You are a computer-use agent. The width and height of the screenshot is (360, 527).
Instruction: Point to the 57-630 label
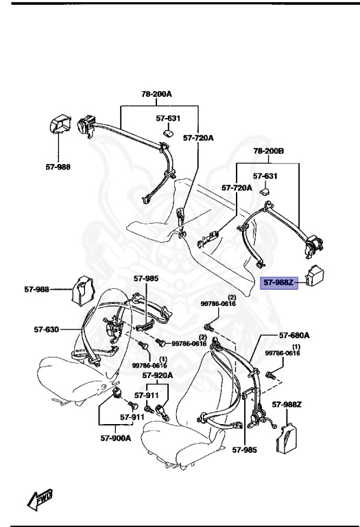coord(48,329)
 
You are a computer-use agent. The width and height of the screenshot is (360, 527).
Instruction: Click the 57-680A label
coord(294,336)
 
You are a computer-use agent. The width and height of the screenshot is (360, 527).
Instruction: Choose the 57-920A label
coord(158,375)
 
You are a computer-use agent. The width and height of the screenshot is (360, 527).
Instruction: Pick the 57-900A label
coord(117,437)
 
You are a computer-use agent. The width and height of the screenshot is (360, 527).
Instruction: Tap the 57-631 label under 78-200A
coord(168,118)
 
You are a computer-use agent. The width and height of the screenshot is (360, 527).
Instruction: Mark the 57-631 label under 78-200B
coord(266,176)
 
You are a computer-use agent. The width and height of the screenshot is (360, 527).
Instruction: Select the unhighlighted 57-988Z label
coord(287,405)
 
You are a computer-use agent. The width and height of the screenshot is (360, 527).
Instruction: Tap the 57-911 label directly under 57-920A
coord(146,395)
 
